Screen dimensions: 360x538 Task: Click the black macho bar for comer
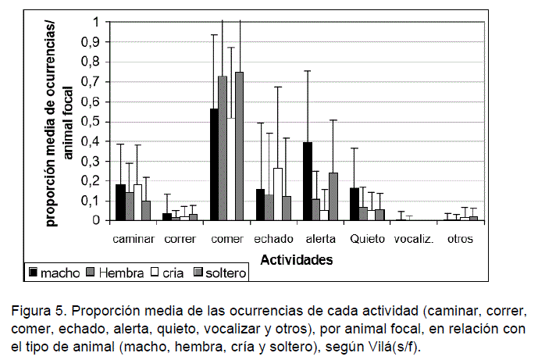tap(213, 165)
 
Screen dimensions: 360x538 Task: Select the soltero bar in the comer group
tap(239, 146)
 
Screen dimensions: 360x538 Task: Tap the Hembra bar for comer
tap(222, 148)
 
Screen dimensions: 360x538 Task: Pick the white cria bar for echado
tap(277, 194)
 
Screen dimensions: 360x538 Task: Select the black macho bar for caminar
tap(120, 203)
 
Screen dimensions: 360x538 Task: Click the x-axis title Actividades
tap(296, 258)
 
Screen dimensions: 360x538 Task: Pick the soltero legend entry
tap(221, 273)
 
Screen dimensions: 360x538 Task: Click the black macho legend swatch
tap(34, 273)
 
